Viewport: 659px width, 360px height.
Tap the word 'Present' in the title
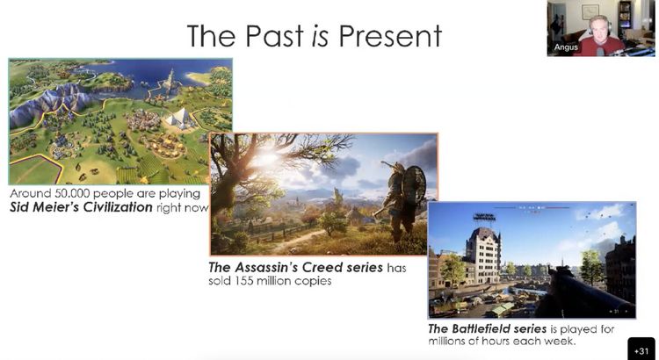click(x=390, y=36)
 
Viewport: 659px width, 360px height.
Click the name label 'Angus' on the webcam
click(x=566, y=47)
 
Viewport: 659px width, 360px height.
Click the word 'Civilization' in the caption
click(x=118, y=207)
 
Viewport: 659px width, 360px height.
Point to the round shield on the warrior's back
click(x=415, y=185)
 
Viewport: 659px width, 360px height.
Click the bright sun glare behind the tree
click(x=264, y=158)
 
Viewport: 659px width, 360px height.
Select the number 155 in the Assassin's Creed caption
click(x=237, y=281)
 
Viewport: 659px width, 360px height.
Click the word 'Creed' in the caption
click(x=321, y=267)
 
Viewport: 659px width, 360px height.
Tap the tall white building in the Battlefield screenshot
click(x=482, y=253)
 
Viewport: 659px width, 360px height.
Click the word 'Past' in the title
click(x=274, y=36)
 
